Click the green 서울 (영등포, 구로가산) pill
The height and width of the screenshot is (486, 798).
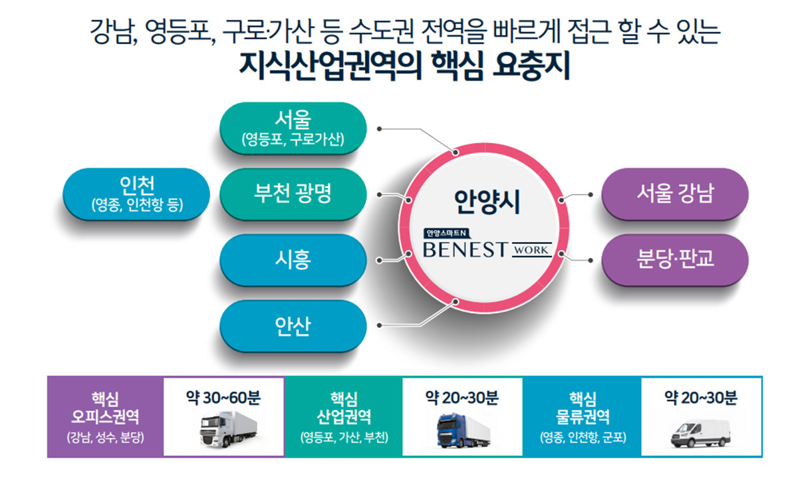pos(293,128)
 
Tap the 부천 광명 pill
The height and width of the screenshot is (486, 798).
pos(293,193)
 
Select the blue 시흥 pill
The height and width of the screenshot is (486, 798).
pos(293,259)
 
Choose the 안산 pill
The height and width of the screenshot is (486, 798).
pos(293,326)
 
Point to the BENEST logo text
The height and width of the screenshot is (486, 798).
pos(465,250)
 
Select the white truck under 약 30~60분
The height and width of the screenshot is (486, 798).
pos(224,429)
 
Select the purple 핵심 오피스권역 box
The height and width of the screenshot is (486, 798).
pos(105,417)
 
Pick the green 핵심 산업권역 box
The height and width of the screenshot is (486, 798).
pos(344,417)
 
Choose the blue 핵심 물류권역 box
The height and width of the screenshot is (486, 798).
pos(583,417)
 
